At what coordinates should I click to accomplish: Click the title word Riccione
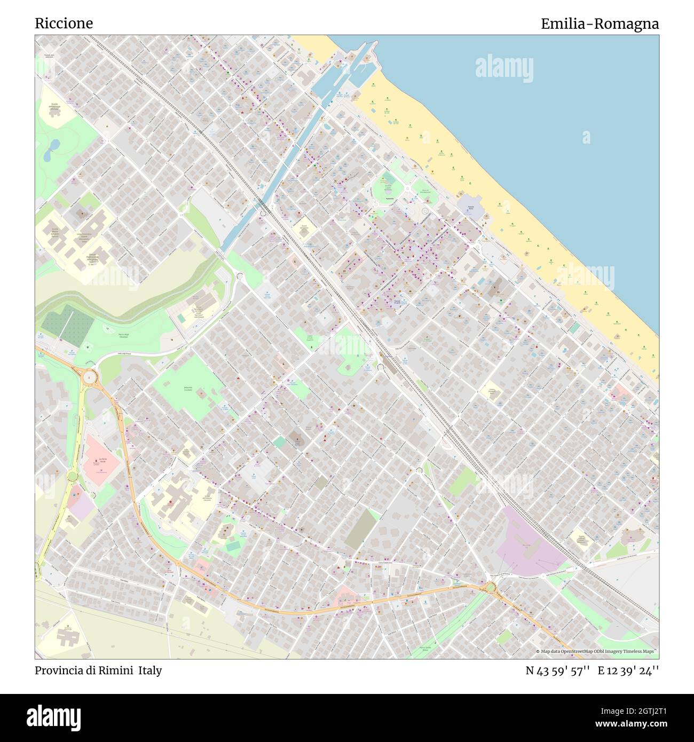tap(64, 23)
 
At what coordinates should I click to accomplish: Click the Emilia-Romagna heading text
tap(599, 24)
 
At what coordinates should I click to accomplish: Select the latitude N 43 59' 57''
tap(557, 670)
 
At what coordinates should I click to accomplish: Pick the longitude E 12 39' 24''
tap(628, 670)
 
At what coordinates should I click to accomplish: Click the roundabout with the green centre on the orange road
tap(490, 588)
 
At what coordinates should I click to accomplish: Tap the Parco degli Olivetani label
tap(123, 336)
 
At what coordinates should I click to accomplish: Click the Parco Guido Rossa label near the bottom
tap(425, 648)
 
